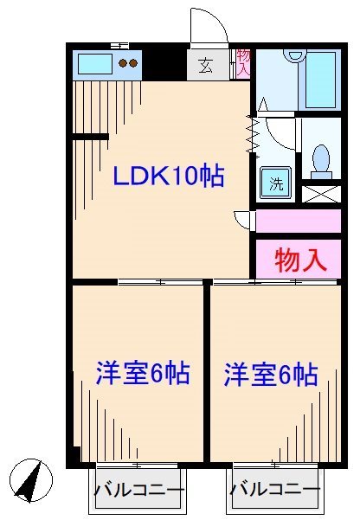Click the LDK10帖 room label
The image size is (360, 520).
click(x=170, y=177)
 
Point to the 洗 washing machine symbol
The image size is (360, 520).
click(x=276, y=183)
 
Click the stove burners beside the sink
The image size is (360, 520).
click(x=128, y=62)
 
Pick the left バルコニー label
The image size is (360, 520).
click(x=138, y=491)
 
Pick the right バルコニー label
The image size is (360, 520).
click(x=275, y=491)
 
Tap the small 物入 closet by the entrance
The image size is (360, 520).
click(x=242, y=62)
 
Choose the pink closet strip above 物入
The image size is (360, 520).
click(x=298, y=221)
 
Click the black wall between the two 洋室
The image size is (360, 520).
click(x=207, y=372)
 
